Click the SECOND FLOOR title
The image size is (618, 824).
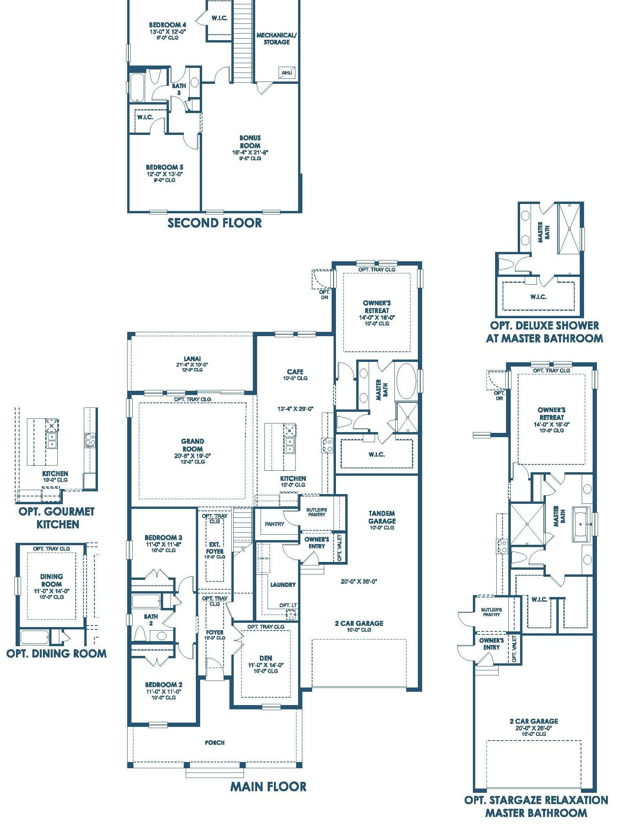click(x=215, y=223)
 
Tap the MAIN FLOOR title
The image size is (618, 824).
click(x=268, y=787)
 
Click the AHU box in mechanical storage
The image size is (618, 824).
click(x=287, y=73)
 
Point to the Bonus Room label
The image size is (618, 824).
click(x=250, y=142)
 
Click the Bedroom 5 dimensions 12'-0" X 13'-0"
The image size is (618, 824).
click(x=165, y=174)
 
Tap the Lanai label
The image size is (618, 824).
click(x=192, y=359)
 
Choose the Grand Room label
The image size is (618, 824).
click(x=192, y=445)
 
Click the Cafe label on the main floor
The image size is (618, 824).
click(x=295, y=372)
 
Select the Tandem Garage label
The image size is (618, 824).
click(x=382, y=517)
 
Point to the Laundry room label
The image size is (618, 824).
click(x=283, y=585)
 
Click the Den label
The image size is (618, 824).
click(x=266, y=658)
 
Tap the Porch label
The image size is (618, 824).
click(x=215, y=742)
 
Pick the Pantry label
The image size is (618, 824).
click(x=274, y=524)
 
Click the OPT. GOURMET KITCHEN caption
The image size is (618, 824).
click(x=57, y=518)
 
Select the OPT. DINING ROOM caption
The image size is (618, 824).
click(x=57, y=654)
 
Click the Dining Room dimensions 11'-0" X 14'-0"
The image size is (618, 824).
click(x=51, y=591)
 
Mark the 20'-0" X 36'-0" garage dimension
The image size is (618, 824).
click(x=359, y=581)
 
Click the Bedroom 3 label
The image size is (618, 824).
click(x=163, y=537)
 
